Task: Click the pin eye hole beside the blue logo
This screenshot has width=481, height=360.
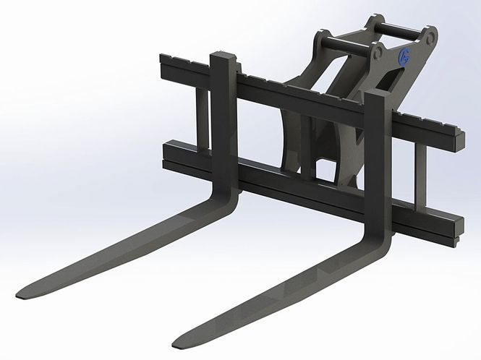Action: [378, 51]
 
